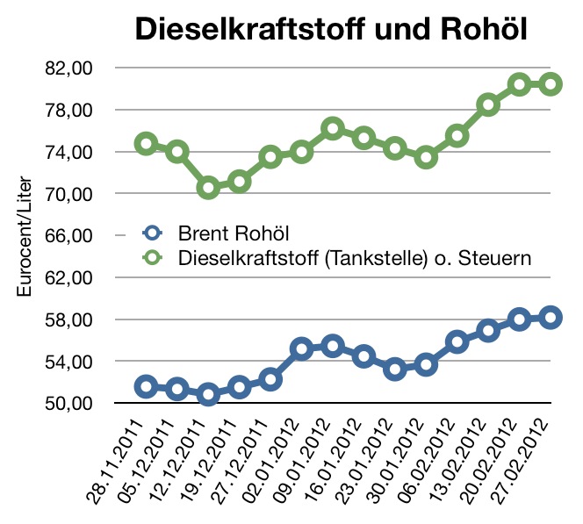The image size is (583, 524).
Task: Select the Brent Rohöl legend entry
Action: [233, 234]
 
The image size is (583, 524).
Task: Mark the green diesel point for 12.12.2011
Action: [208, 187]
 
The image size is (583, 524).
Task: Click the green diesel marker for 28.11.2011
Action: [147, 143]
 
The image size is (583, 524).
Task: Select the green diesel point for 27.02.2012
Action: [551, 84]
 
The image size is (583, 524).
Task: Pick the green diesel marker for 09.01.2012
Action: [332, 129]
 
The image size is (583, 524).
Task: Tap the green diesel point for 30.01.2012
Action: [426, 158]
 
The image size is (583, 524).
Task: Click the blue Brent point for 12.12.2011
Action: [208, 394]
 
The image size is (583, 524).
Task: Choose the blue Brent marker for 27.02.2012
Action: [551, 318]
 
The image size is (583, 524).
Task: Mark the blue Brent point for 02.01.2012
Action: [301, 348]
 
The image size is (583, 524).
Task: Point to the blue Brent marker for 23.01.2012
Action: [395, 369]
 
